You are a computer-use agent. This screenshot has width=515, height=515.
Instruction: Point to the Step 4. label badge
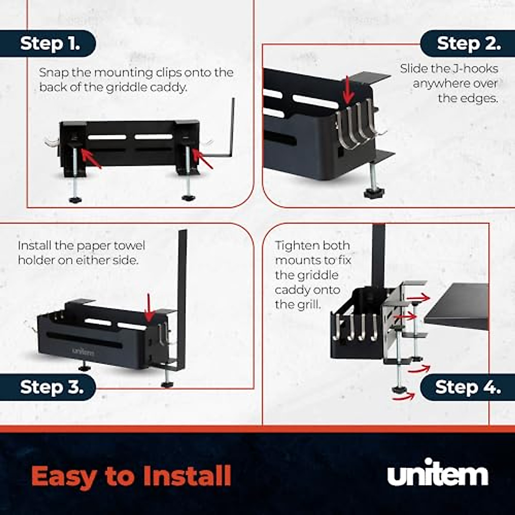pos(468,387)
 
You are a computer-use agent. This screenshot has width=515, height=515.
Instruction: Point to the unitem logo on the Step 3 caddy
pos(83,351)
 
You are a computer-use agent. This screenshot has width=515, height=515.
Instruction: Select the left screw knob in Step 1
pos(76,200)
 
